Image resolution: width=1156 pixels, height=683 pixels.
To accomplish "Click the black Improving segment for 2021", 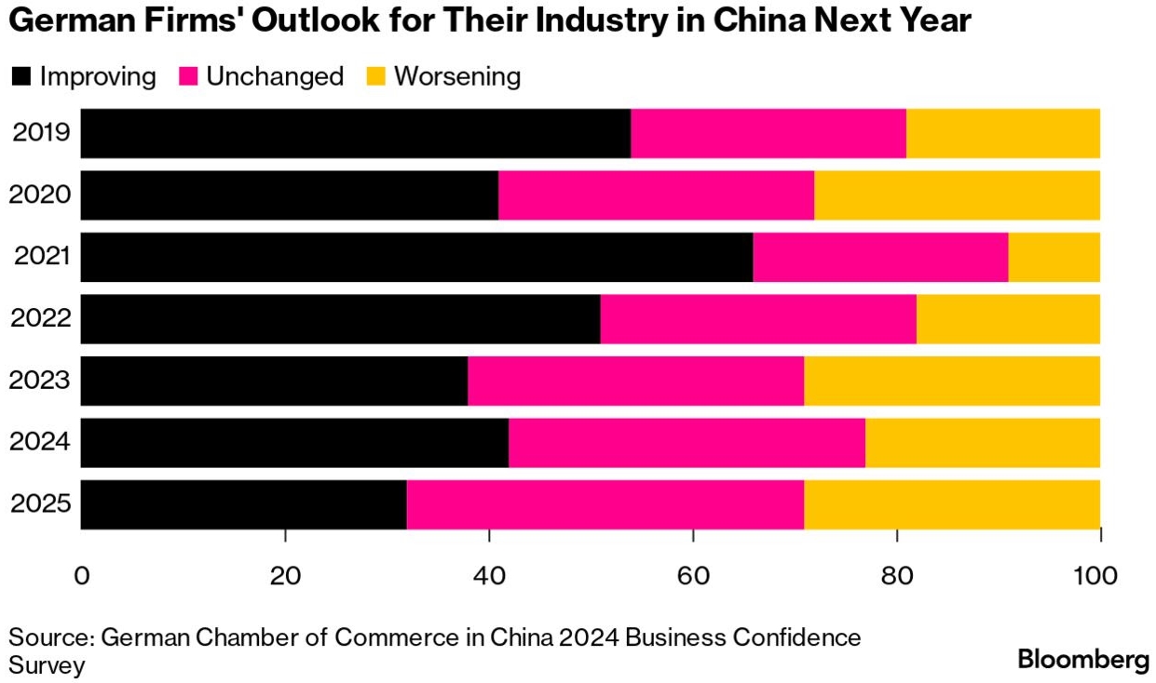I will (416, 257).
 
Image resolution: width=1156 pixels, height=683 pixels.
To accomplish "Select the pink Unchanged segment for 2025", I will (605, 504).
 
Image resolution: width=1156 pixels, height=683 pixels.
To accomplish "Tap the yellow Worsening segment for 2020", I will (957, 195).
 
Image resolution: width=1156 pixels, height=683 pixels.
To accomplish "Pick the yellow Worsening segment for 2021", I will (1054, 257).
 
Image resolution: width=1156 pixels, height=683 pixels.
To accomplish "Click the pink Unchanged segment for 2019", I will (768, 133).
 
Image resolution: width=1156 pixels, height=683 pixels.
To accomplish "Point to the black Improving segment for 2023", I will (274, 381).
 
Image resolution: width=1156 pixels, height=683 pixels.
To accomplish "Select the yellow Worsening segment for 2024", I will (983, 443).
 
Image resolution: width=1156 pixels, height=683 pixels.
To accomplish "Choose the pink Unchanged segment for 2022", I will (758, 319).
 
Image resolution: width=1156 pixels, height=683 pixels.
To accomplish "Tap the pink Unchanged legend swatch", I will (187, 76).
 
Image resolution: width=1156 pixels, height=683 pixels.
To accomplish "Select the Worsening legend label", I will (457, 76).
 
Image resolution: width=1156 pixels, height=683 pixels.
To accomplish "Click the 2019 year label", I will (42, 133).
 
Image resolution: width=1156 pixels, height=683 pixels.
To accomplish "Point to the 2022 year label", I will (41, 319).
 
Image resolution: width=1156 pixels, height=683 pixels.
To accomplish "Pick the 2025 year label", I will (41, 504).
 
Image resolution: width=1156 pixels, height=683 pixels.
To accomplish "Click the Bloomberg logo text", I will (1083, 660).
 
